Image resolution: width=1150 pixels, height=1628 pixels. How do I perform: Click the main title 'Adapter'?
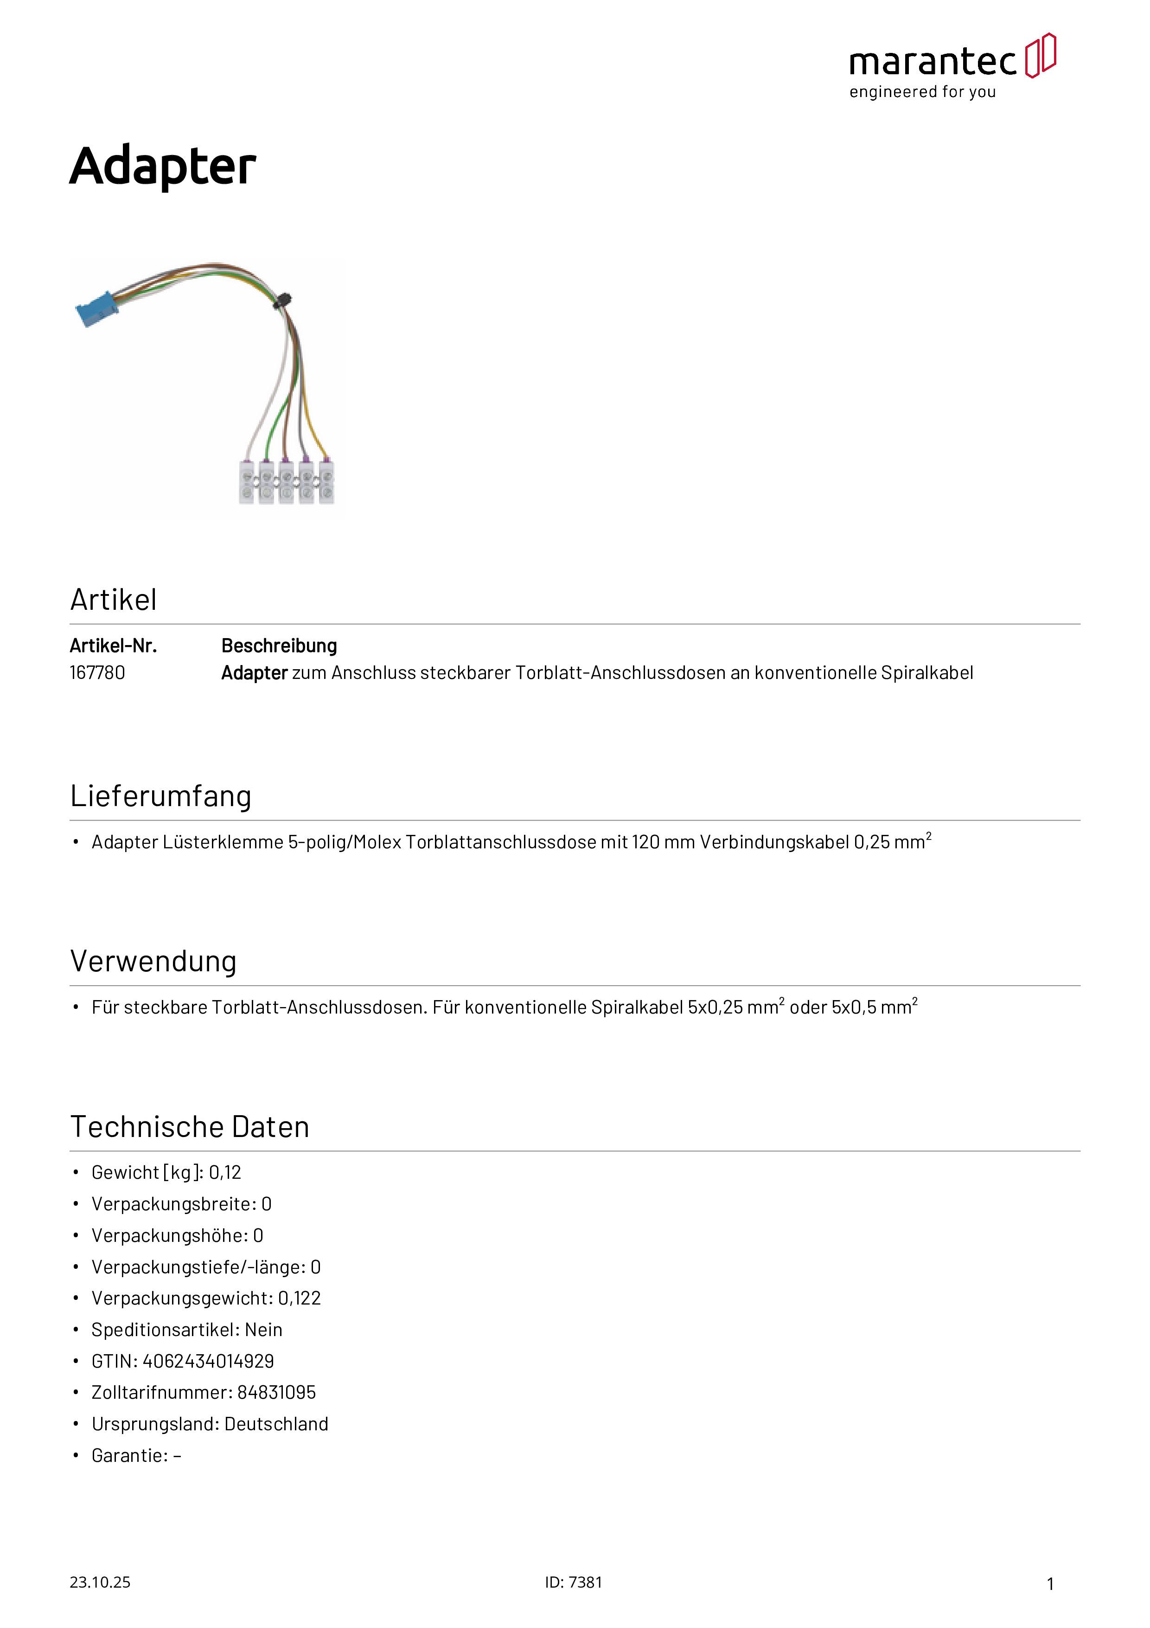pos(162,166)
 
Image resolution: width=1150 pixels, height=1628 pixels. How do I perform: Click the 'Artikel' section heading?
pos(113,600)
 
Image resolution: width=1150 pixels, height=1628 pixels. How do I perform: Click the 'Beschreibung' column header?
pos(279,646)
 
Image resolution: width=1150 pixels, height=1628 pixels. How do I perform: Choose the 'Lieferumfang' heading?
pos(161,796)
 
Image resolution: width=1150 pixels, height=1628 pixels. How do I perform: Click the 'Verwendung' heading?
pos(153,962)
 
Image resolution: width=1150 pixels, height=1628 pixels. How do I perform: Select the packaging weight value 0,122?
pos(299,1299)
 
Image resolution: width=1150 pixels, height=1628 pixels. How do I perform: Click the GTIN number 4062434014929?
pos(208,1362)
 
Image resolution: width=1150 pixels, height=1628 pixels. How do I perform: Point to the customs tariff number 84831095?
pos(276,1393)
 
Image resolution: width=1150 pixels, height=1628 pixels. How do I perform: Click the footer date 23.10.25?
pos(100,1583)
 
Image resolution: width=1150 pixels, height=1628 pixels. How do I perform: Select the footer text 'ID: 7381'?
pos(573,1583)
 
